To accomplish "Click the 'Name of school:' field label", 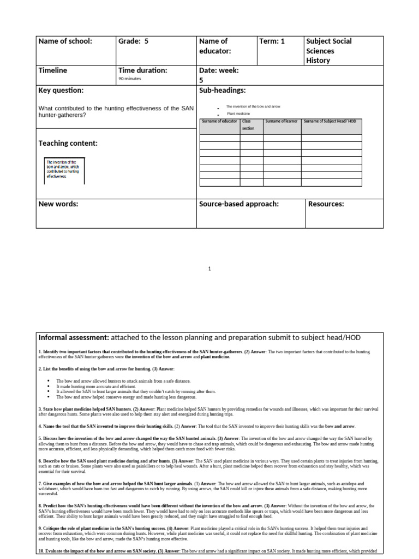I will point(65,41).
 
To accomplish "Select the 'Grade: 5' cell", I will point(133,41).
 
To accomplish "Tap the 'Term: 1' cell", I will point(272,41).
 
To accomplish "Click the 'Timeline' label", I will point(53,70).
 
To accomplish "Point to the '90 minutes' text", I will point(130,79).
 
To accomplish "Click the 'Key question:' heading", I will point(61,90).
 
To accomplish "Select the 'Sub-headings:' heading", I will point(223,90).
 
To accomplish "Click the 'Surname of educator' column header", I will point(220,121).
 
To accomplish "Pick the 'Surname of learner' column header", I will point(282,121).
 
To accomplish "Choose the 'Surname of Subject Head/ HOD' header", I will point(330,121).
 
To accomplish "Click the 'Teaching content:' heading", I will point(68,143).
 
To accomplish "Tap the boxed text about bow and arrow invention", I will point(63,169).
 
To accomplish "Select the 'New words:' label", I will point(58,204).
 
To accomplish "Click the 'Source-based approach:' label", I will point(239,204).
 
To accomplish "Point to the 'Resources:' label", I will point(326,204).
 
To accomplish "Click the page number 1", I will point(210,269).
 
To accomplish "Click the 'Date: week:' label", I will point(219,70).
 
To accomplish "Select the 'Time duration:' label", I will point(143,70).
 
